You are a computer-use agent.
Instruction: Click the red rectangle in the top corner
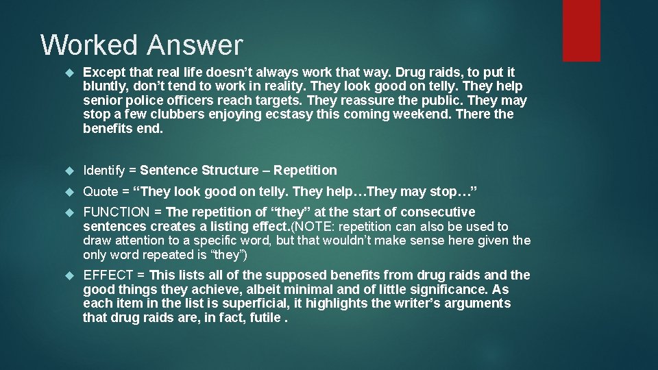(x=581, y=30)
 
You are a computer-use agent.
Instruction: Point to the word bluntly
(x=105, y=86)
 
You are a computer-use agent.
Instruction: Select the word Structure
(x=230, y=170)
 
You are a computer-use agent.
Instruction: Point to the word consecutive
(x=438, y=212)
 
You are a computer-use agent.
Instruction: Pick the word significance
(x=430, y=289)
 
